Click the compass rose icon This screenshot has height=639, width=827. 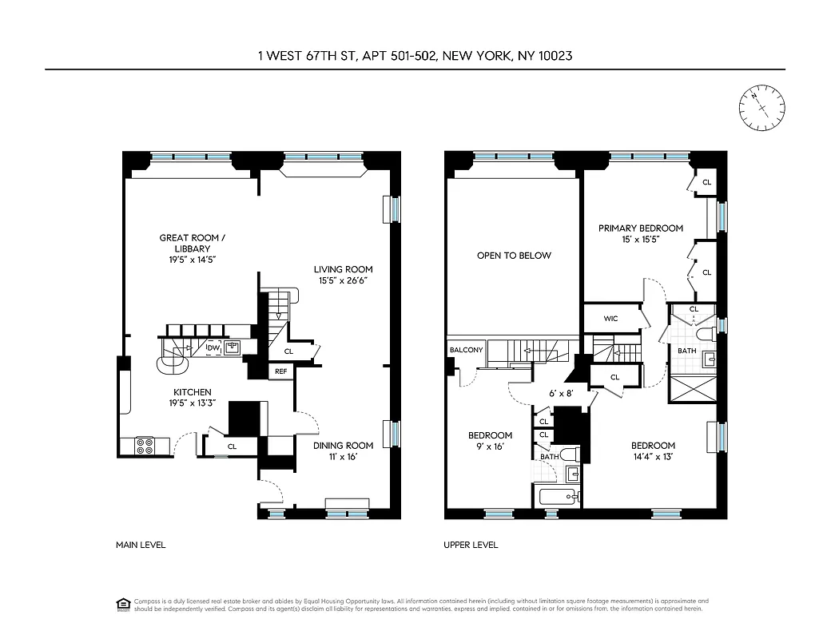point(762,108)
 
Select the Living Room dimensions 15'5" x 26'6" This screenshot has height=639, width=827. point(344,280)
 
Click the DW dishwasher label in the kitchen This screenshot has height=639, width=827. point(213,347)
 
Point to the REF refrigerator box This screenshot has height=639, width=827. point(280,371)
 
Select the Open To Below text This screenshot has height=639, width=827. point(514,256)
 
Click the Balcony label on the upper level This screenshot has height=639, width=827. point(466,350)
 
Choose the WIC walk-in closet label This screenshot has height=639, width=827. point(610,319)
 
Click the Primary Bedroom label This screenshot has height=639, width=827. point(641,228)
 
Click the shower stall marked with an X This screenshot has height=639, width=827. point(692,393)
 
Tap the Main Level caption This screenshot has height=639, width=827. point(141,545)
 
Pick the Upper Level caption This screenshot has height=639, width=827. point(471,545)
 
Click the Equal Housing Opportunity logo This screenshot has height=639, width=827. point(123,604)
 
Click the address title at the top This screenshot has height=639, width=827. point(414,56)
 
